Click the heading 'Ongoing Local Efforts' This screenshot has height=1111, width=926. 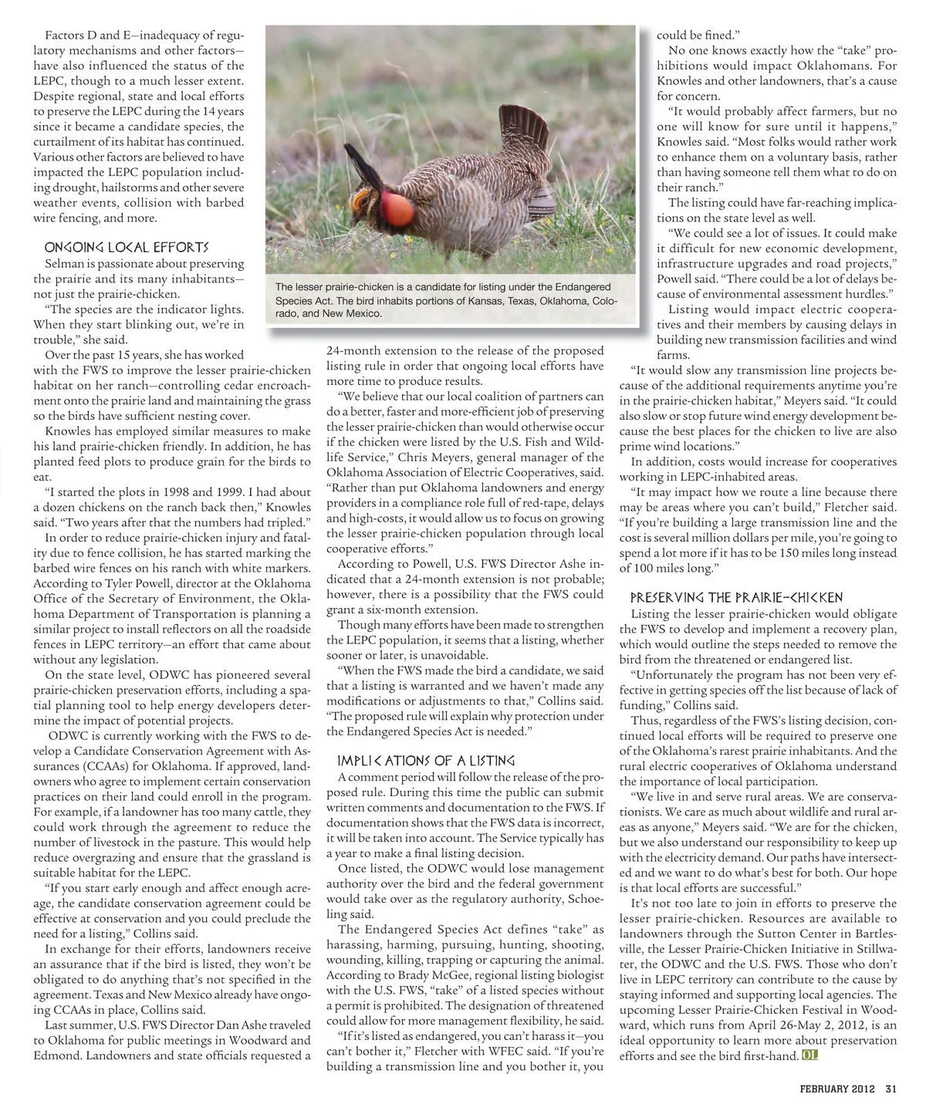pyautogui.click(x=127, y=248)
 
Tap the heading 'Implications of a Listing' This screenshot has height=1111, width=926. pyautogui.click(x=421, y=761)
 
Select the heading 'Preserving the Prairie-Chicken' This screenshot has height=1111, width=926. pyautogui.click(x=736, y=598)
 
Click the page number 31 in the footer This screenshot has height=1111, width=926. pyautogui.click(x=891, y=1089)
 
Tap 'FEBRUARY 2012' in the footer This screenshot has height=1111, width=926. pyautogui.click(x=837, y=1089)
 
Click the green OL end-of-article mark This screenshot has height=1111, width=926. pyautogui.click(x=809, y=1055)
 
